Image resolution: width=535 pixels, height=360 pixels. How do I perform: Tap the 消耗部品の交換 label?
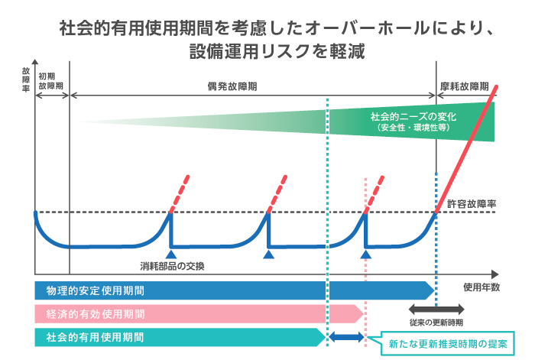point(173,266)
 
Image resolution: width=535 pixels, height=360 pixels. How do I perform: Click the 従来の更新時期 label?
point(436,323)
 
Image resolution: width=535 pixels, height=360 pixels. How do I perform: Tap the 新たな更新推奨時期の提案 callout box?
point(446,343)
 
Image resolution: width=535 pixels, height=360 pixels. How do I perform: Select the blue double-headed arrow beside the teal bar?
point(347,336)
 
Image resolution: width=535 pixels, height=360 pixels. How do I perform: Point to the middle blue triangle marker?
point(268,253)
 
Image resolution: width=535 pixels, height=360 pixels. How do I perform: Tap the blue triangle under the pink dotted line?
point(366,253)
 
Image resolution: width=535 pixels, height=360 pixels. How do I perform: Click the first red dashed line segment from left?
point(179,196)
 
